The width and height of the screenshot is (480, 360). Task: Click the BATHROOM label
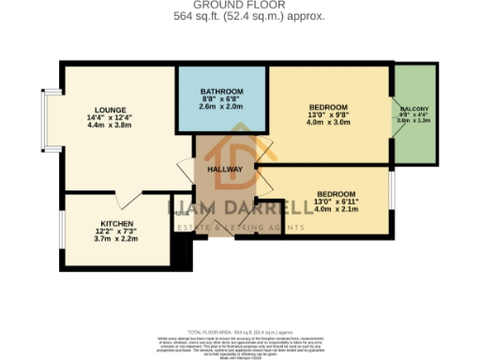coord(223,91)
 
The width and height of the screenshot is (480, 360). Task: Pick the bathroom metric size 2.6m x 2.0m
coord(223,106)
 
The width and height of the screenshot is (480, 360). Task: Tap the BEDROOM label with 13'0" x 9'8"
coord(328,107)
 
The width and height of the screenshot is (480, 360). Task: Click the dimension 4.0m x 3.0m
coord(328,122)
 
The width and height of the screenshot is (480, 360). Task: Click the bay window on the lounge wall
coord(47,119)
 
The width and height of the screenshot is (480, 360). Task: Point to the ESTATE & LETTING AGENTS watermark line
coord(239,226)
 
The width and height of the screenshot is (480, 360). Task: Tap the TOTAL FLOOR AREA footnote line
coord(240,331)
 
